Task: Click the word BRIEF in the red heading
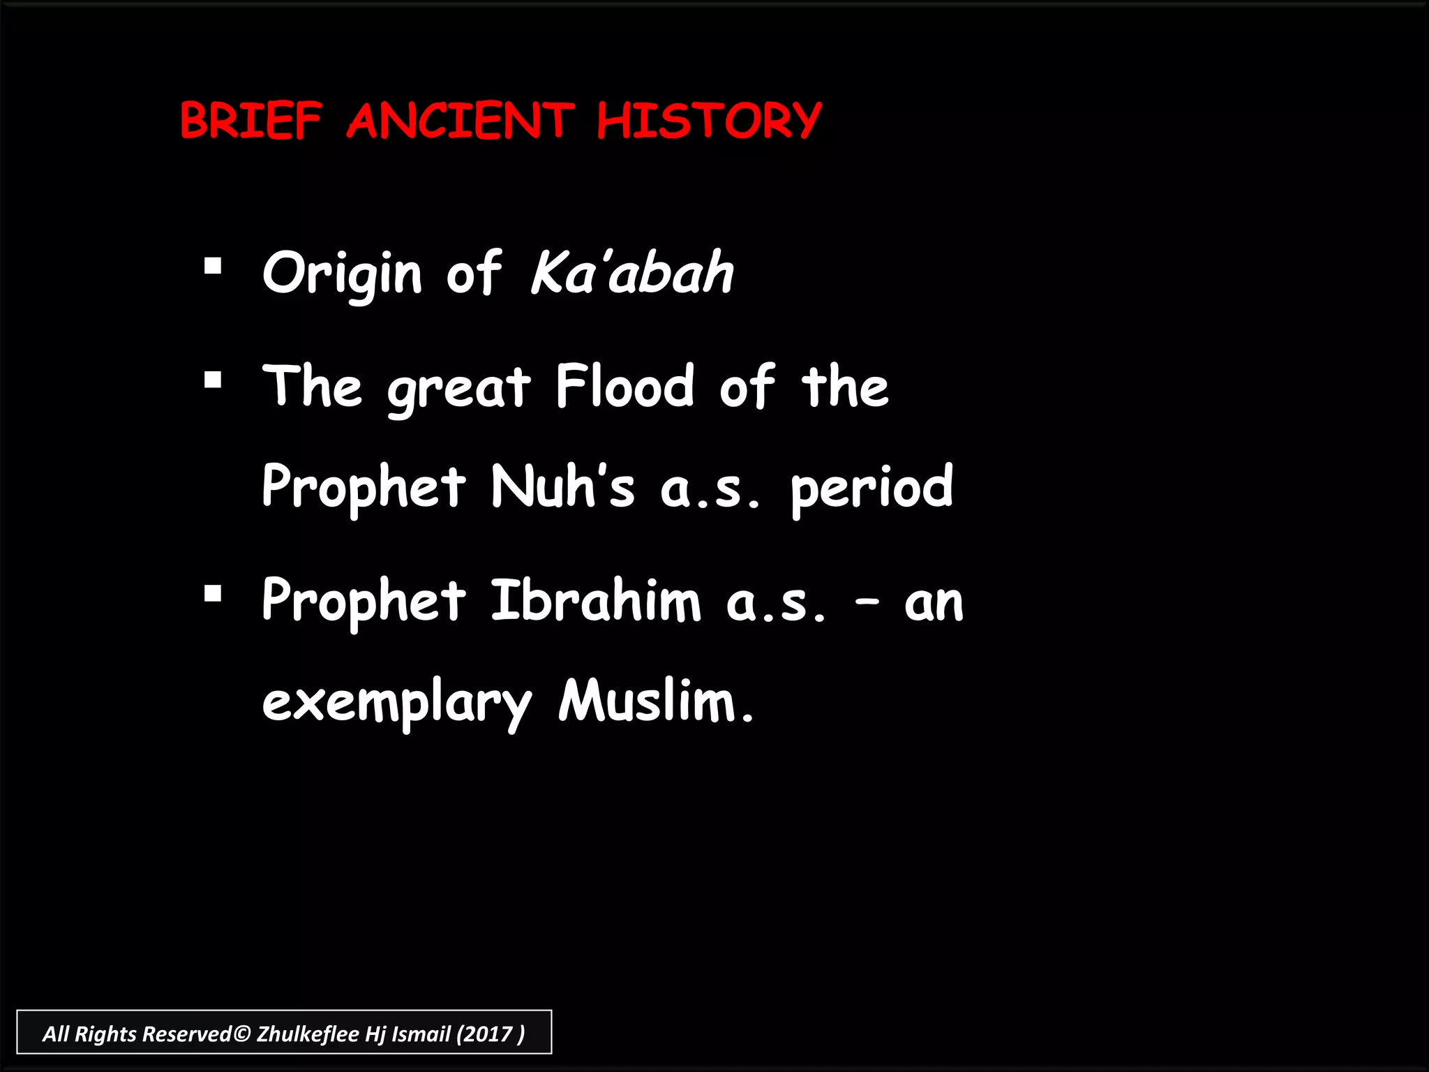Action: (x=251, y=120)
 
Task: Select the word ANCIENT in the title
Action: (x=461, y=120)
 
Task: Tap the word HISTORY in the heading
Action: (x=709, y=120)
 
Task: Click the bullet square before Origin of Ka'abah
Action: (x=213, y=267)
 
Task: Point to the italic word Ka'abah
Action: (x=632, y=272)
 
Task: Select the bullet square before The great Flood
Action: (x=213, y=380)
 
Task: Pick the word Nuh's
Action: (x=562, y=486)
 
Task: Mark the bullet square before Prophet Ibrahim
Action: (x=213, y=594)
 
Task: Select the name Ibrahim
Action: (x=595, y=600)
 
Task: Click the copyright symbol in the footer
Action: (x=241, y=1034)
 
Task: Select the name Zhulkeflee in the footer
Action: (x=308, y=1034)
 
